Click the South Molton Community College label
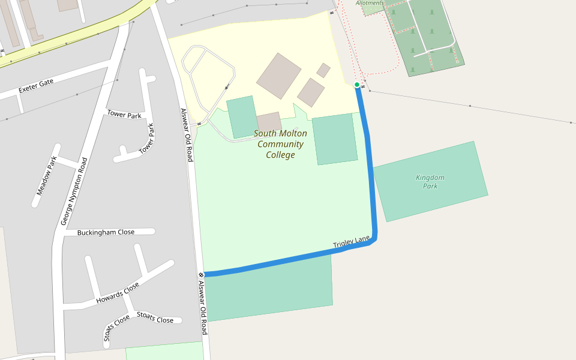280,144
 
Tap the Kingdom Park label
430,181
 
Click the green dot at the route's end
357,85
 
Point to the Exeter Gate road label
36,86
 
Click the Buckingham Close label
106,232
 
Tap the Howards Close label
118,293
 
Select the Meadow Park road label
46,176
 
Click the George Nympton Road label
74,191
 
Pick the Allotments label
370,3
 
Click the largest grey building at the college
278,76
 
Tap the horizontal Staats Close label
155,317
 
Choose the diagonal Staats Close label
116,328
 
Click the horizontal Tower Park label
124,115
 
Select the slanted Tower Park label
146,139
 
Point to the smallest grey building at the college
323,70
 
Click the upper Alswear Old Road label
187,135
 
